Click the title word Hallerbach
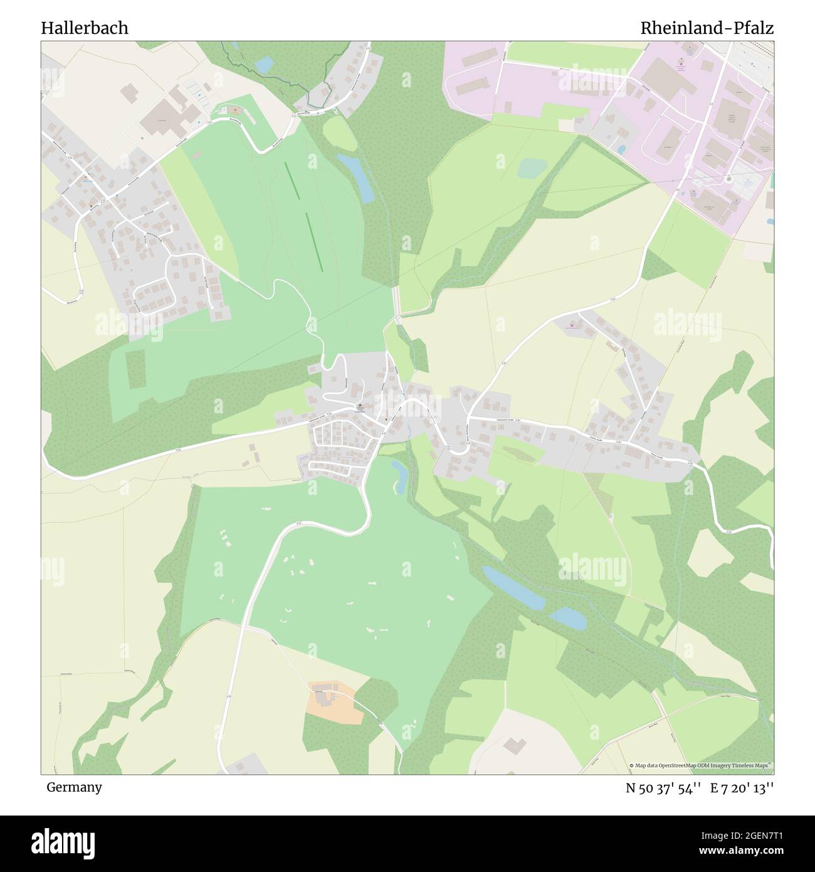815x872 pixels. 85,28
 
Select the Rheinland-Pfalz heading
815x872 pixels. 707,28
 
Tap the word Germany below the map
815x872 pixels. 74,787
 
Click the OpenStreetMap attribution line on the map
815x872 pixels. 700,765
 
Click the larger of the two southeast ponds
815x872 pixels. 513,588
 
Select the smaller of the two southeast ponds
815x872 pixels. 569,617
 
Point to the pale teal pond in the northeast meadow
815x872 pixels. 532,167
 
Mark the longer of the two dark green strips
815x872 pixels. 313,242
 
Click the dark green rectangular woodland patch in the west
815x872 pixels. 134,369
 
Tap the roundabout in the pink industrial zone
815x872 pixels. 728,178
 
